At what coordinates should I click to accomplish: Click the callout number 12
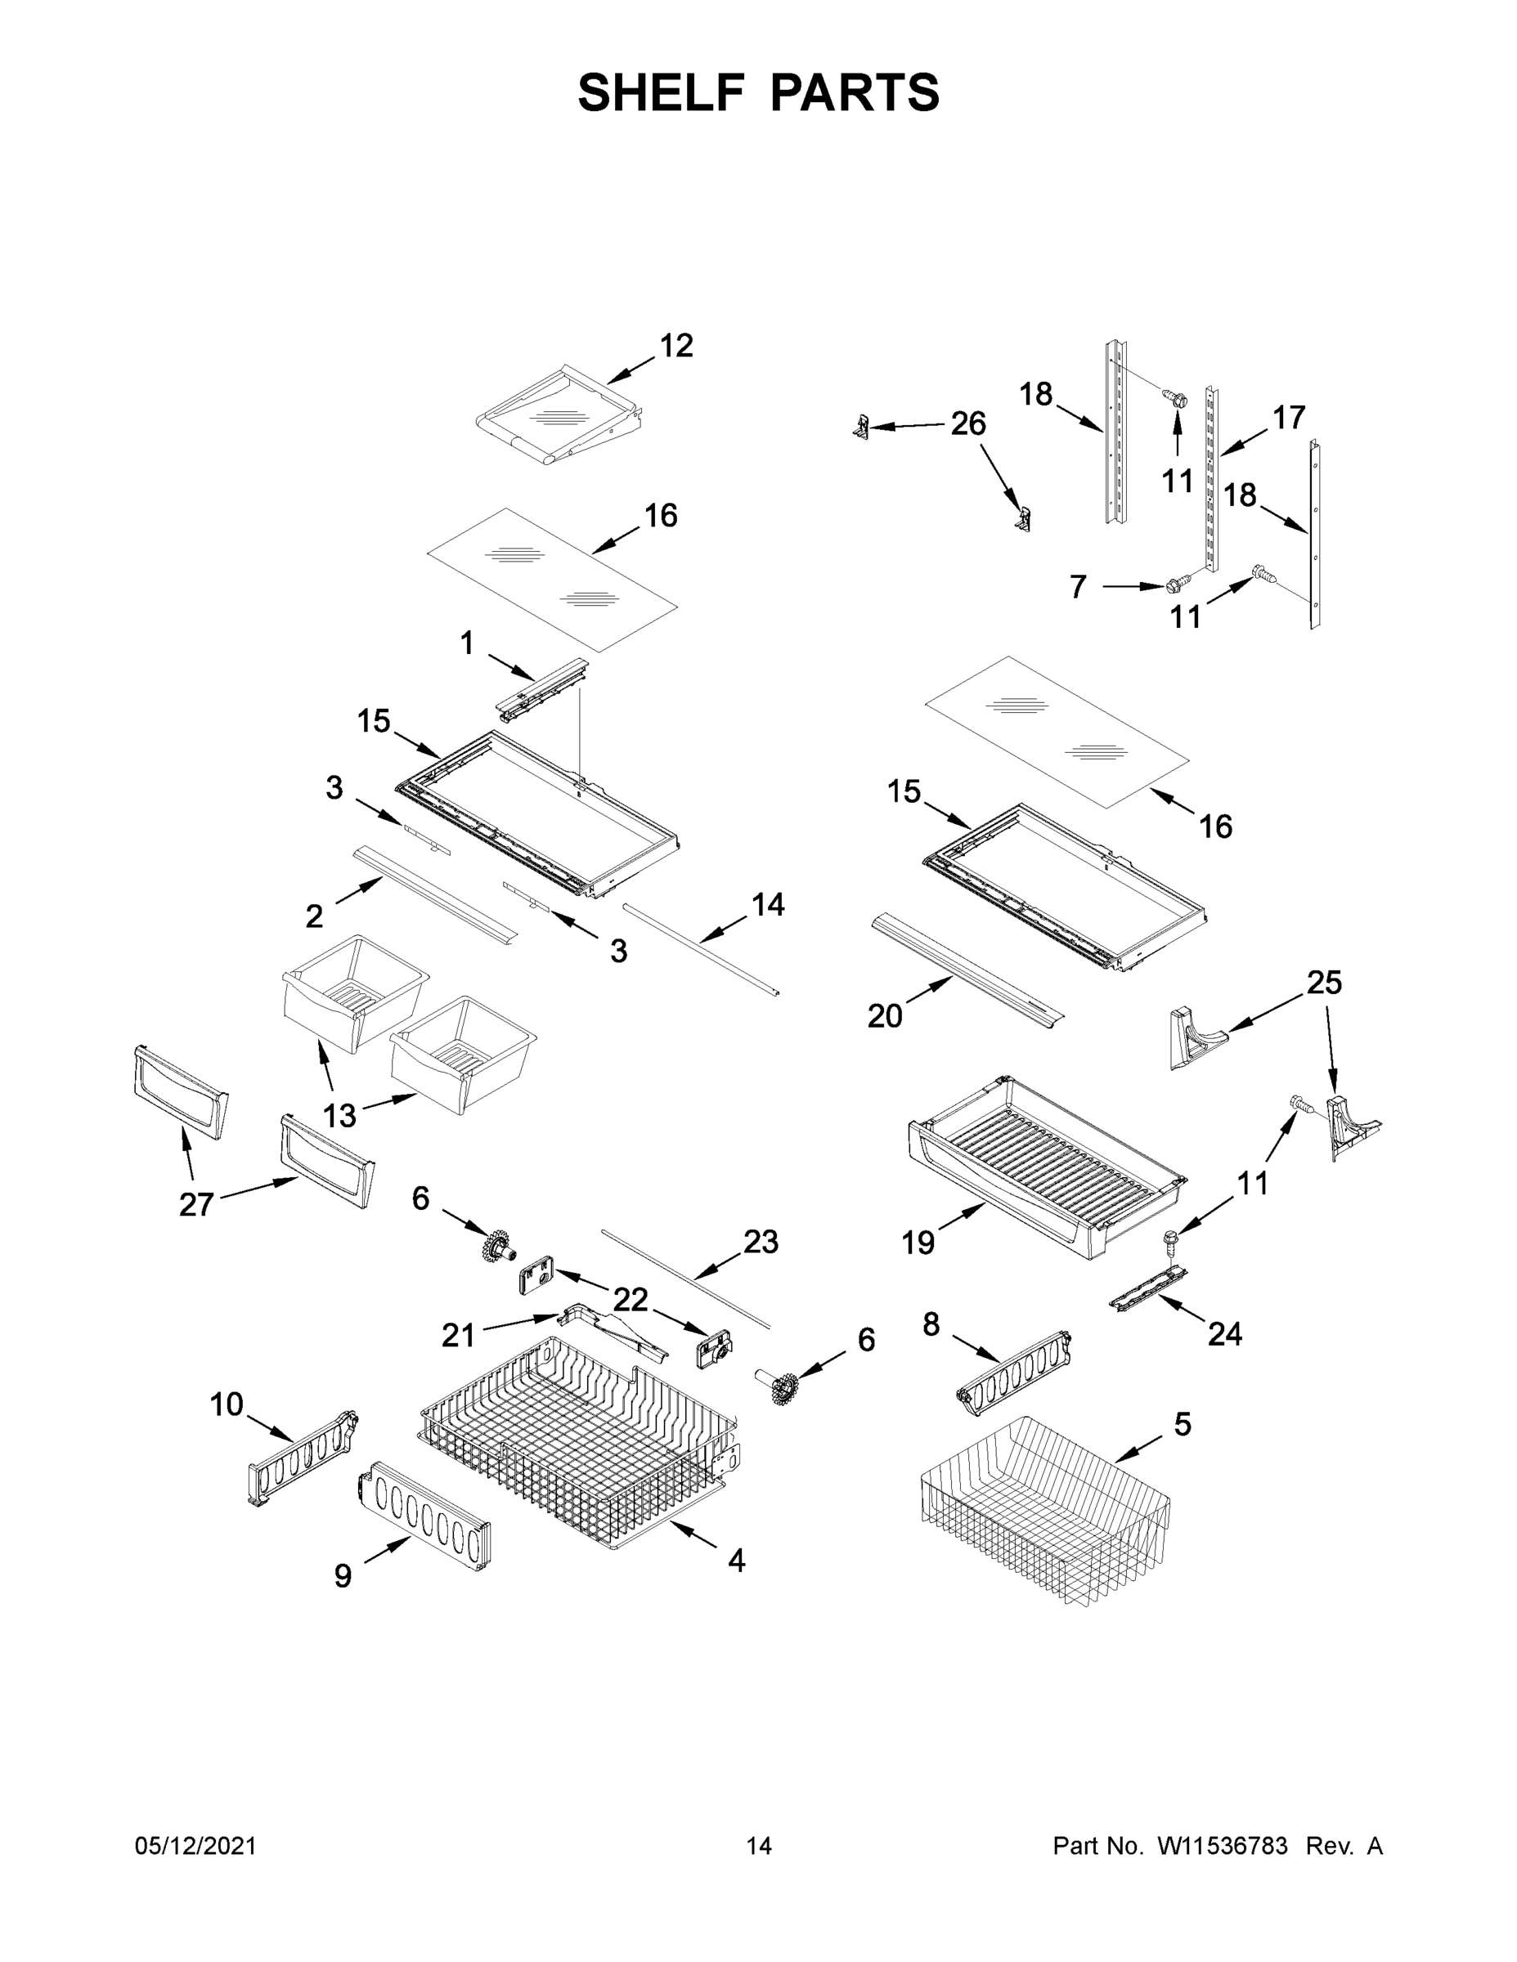click(x=675, y=346)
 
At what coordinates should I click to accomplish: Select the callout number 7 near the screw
click(x=1079, y=588)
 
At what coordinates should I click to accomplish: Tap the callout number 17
click(x=1289, y=418)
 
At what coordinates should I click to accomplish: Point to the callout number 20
click(x=884, y=1016)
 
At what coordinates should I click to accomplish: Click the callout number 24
click(x=1224, y=1334)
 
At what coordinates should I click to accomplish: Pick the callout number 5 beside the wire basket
click(x=1182, y=1424)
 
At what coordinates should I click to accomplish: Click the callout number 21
click(x=457, y=1336)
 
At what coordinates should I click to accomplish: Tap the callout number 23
click(x=761, y=1243)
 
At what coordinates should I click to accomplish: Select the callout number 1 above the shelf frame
click(x=466, y=643)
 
